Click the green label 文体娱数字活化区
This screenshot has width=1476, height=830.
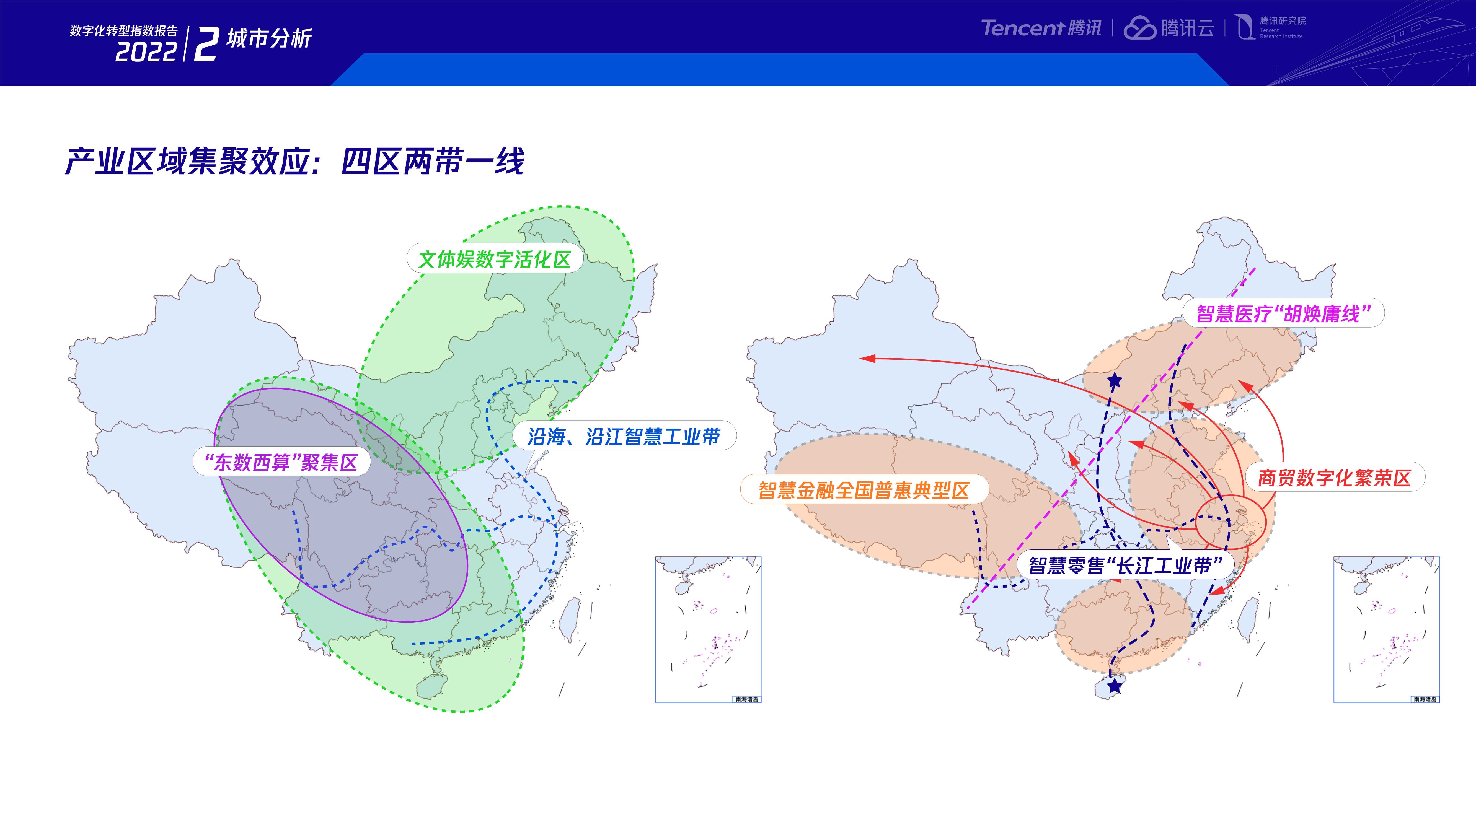pyautogui.click(x=495, y=259)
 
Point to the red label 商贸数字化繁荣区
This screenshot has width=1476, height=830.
pyautogui.click(x=1334, y=478)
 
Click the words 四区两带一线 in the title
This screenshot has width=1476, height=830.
pyautogui.click(x=433, y=162)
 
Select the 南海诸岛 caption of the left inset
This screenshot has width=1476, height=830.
pyautogui.click(x=747, y=699)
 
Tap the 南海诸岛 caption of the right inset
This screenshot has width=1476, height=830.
pyautogui.click(x=1425, y=699)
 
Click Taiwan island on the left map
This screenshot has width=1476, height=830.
pyautogui.click(x=569, y=619)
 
